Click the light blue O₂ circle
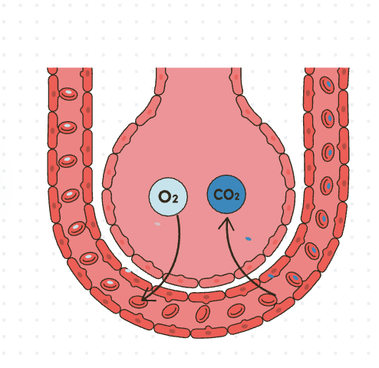(168, 197)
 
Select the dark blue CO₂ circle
(226, 195)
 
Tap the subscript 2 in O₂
(175, 199)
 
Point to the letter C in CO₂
(218, 195)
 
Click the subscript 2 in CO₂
(236, 197)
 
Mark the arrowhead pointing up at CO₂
(226, 224)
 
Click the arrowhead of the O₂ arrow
(148, 295)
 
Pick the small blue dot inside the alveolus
(248, 239)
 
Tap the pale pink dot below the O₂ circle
(157, 224)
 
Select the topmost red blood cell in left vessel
(68, 94)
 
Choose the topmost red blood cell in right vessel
(327, 85)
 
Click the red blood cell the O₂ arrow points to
(139, 301)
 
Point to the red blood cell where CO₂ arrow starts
(268, 300)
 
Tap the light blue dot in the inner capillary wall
(127, 271)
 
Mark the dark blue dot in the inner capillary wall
(271, 276)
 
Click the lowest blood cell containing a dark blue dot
(294, 279)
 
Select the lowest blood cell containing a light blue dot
(110, 284)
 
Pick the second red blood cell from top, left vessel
(68, 127)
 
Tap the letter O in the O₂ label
(165, 197)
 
